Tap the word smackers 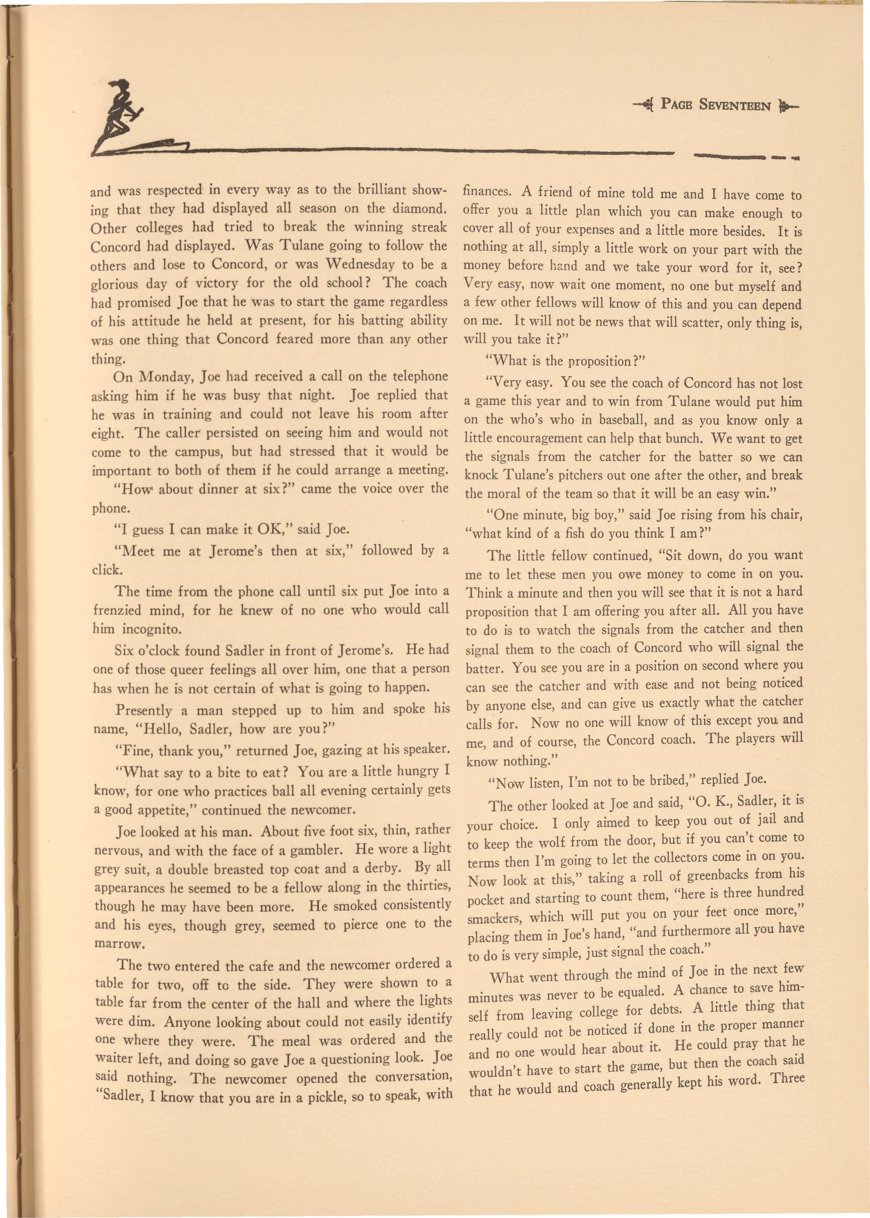tap(495, 919)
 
